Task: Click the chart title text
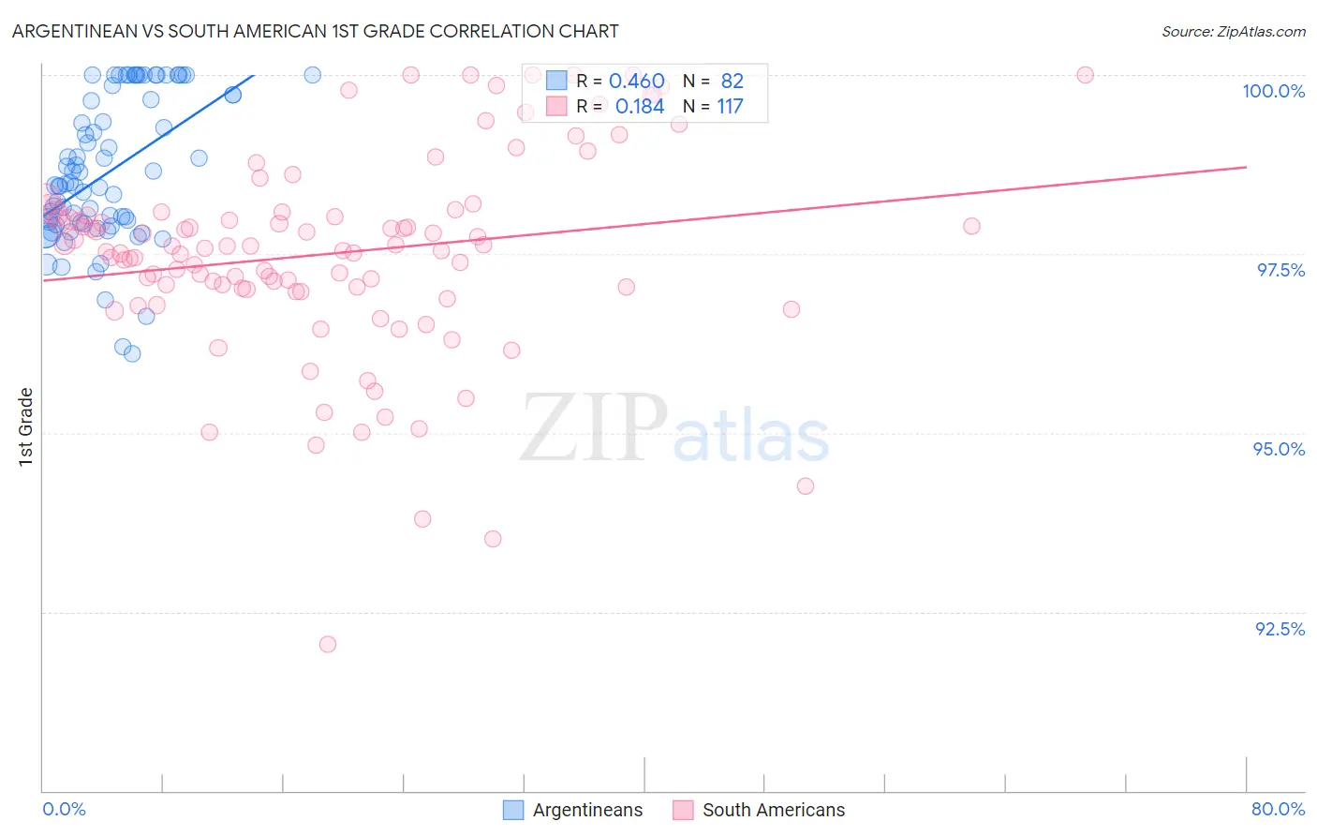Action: tap(315, 31)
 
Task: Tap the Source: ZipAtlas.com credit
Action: tap(1233, 31)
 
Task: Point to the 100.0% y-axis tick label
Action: tap(1273, 91)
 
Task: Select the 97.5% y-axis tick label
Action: tap(1280, 270)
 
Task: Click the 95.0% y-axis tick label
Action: tap(1279, 449)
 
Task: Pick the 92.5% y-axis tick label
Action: tap(1280, 629)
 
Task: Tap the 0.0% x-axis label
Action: tap(64, 809)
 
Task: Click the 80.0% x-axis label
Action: tap(1278, 809)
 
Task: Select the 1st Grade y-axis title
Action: tap(26, 426)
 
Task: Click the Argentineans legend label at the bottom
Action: tap(587, 810)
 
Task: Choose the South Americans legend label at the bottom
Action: tap(773, 810)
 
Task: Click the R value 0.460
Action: tap(637, 82)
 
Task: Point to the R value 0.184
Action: tap(640, 107)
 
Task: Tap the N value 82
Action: tap(732, 82)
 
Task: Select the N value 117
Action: tap(730, 107)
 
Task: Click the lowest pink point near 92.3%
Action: tap(327, 644)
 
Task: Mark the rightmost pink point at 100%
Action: tap(1085, 75)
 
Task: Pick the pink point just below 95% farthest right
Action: tap(805, 485)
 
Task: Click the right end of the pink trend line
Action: tap(1246, 167)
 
